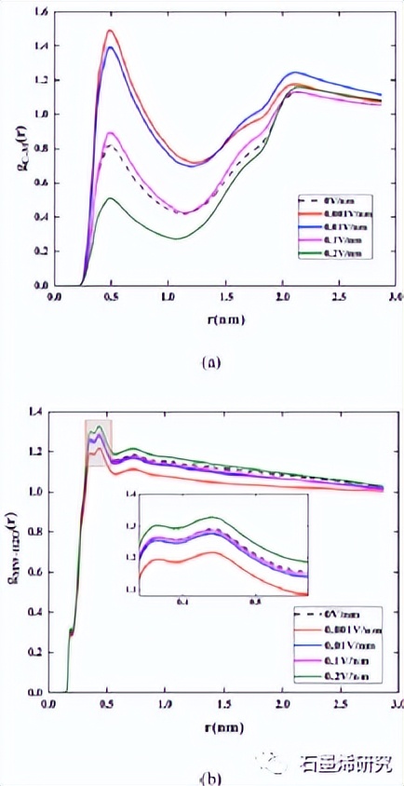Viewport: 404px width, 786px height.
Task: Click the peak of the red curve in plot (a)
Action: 110,31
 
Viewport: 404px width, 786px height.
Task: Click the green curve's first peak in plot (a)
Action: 110,197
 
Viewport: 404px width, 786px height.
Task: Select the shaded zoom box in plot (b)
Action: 99,443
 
